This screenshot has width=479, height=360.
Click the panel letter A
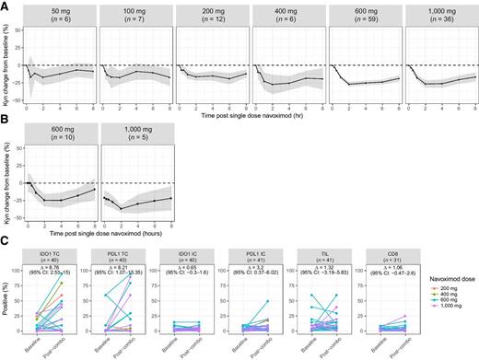[6, 6]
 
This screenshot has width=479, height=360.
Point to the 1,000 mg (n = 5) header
[135, 148]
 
